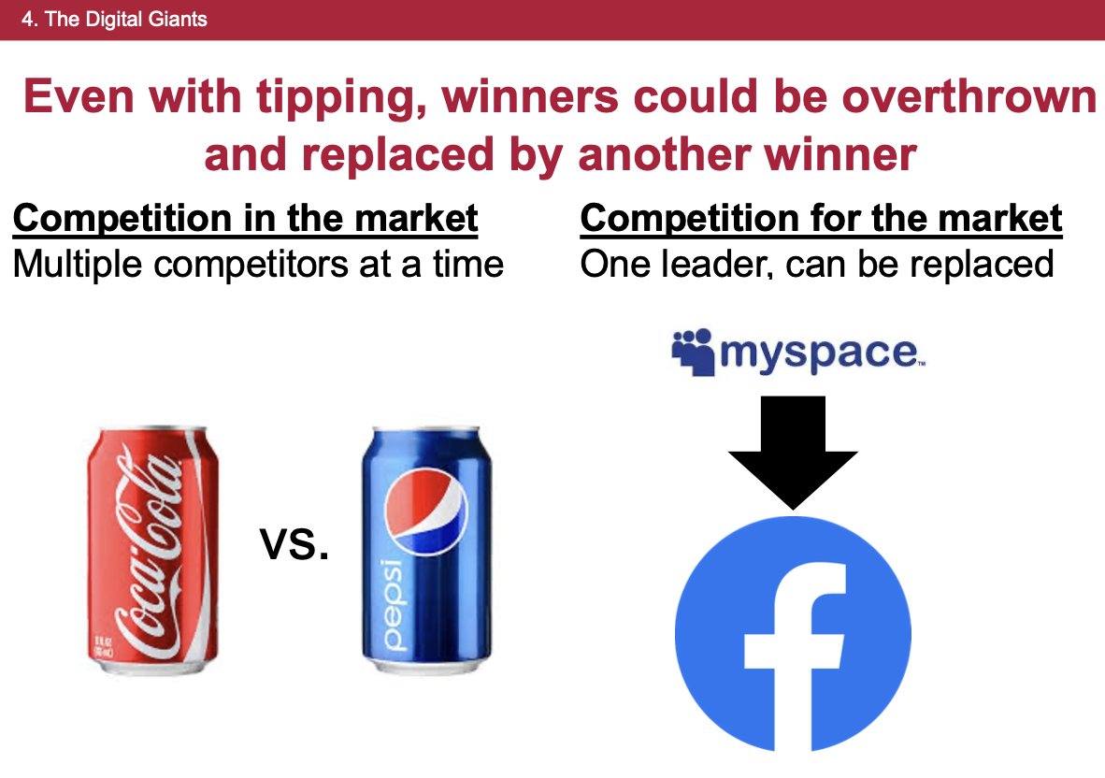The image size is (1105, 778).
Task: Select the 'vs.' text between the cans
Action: [x=295, y=543]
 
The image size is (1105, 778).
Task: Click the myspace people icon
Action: [x=692, y=352]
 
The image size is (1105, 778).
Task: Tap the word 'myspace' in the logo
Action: [x=819, y=353]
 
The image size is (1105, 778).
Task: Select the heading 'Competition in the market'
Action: [x=245, y=220]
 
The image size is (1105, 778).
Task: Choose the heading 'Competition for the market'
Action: [x=821, y=220]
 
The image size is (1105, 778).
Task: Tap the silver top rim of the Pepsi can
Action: [x=426, y=435]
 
